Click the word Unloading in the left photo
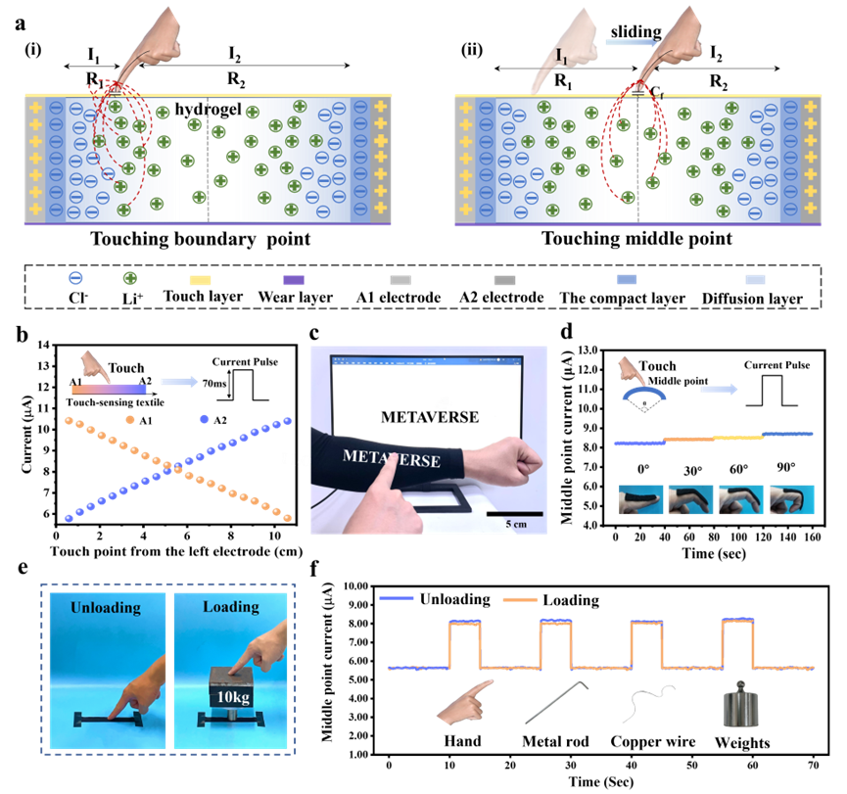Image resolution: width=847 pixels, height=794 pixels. click(x=105, y=608)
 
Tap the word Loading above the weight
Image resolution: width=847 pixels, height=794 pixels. click(x=230, y=607)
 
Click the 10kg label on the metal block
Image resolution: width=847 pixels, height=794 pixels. click(x=230, y=697)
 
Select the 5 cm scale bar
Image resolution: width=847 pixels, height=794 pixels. click(x=514, y=513)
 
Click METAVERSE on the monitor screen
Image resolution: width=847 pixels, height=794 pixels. click(x=430, y=417)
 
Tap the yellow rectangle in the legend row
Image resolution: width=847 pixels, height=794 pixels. click(x=200, y=280)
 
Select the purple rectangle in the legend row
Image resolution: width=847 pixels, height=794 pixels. click(x=294, y=280)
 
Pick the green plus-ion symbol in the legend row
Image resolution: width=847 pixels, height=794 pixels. click(x=129, y=278)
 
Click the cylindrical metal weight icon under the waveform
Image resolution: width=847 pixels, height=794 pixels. click(x=740, y=704)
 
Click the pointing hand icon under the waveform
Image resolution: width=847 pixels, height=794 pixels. click(x=463, y=702)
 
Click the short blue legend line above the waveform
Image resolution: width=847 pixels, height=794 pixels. click(x=396, y=597)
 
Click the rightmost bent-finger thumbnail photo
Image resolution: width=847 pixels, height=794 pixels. click(x=791, y=499)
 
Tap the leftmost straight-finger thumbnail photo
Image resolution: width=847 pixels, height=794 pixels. click(x=641, y=499)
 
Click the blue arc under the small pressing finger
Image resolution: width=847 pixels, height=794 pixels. click(x=645, y=395)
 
